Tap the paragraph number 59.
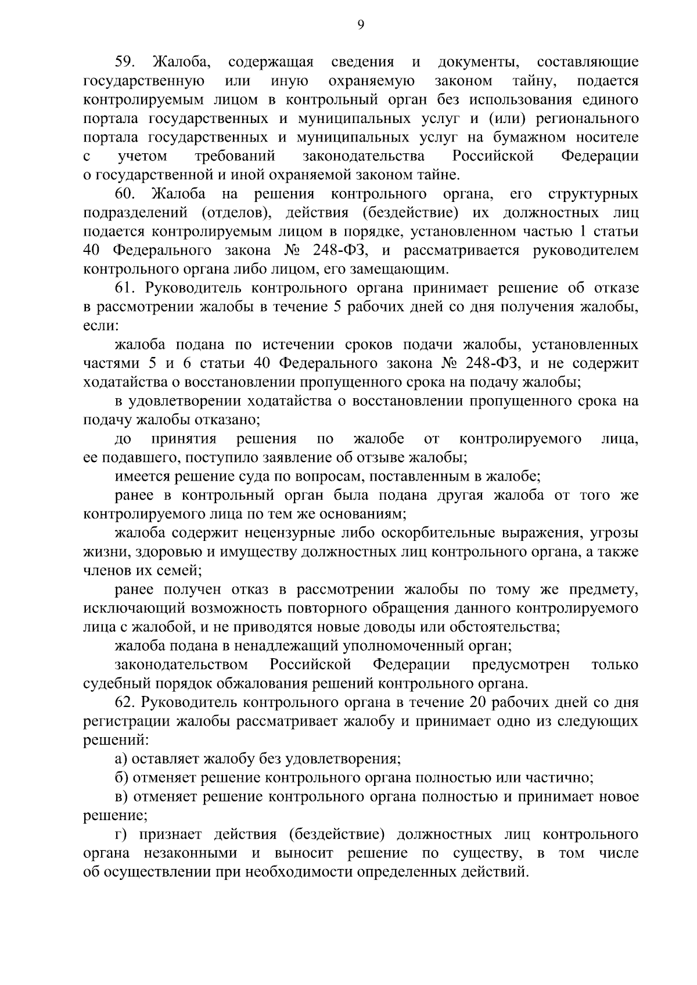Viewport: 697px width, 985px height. click(x=125, y=62)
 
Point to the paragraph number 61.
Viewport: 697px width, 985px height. click(x=125, y=288)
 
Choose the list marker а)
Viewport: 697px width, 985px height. click(x=121, y=759)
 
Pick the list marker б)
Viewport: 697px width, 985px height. click(x=121, y=778)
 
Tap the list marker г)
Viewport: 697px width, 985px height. click(x=121, y=835)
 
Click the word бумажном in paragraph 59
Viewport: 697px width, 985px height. click(x=531, y=138)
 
